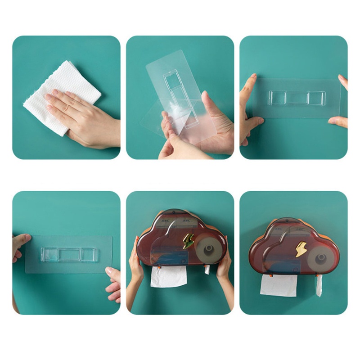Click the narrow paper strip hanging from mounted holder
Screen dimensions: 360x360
coord(319,286)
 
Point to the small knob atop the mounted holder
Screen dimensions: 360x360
coord(284,220)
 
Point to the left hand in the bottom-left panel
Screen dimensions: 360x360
coord(20,245)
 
